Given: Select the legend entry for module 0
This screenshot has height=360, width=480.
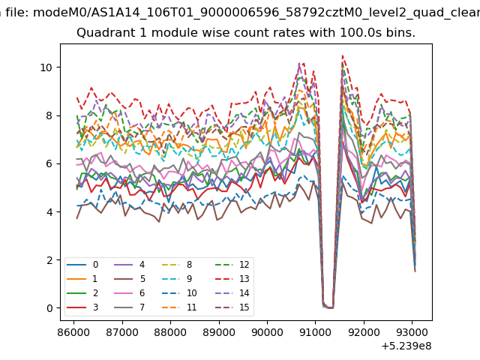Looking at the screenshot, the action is [82, 265].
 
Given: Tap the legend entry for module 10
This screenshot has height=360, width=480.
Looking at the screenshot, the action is [179, 293].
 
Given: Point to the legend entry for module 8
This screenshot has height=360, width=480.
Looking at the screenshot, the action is [177, 265].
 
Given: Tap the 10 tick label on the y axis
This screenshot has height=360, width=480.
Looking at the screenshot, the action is [46, 67].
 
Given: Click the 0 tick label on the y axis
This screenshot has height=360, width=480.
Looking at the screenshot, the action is [49, 308].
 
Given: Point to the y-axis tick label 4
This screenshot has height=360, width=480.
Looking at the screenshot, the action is [49, 212].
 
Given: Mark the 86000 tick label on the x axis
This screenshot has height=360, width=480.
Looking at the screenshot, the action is [73, 332].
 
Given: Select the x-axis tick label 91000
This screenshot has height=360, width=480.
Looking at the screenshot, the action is [315, 332].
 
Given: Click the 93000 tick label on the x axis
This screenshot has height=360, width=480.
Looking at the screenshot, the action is [412, 332].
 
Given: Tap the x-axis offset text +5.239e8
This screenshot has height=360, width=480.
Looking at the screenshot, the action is [406, 346].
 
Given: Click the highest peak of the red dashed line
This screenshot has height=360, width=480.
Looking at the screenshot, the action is [343, 55].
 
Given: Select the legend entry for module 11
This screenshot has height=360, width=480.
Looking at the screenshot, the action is [179, 307].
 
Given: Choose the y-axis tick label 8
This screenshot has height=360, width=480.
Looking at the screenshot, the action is [49, 116].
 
